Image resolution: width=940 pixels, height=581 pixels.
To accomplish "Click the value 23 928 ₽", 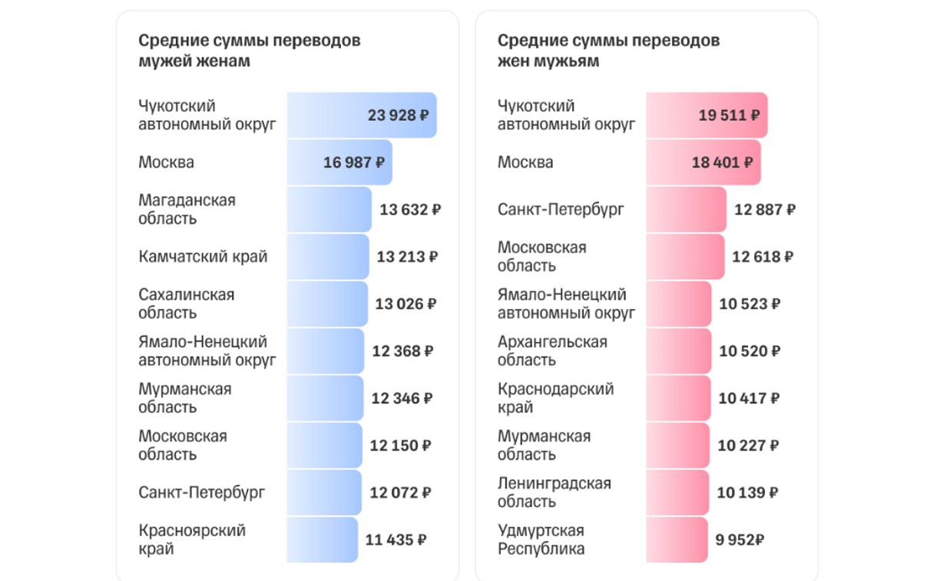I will pyautogui.click(x=398, y=115).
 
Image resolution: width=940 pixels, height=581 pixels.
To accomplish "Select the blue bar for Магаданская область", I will pyautogui.click(x=329, y=209).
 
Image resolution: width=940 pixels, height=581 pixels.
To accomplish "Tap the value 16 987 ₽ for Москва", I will pyautogui.click(x=354, y=162).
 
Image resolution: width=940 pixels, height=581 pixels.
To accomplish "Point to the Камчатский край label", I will pyautogui.click(x=203, y=257).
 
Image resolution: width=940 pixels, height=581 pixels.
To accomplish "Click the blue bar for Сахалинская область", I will pyautogui.click(x=327, y=304).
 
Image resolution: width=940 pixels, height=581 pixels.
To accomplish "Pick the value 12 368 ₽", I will pyautogui.click(x=402, y=351).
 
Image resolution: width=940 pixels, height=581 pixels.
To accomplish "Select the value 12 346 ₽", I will pyautogui.click(x=402, y=398).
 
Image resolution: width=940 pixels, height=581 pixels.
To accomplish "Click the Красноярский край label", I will pyautogui.click(x=191, y=539).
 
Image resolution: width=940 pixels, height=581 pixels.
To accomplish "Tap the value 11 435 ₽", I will pyautogui.click(x=396, y=539).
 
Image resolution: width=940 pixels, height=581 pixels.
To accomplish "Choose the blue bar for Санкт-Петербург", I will pyautogui.click(x=323, y=493).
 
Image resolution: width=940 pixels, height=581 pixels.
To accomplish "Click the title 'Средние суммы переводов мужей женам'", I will pyautogui.click(x=249, y=51).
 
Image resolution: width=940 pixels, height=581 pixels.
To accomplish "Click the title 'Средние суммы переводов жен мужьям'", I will pyautogui.click(x=608, y=51).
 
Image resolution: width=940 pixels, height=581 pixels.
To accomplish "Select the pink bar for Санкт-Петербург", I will pyautogui.click(x=686, y=209).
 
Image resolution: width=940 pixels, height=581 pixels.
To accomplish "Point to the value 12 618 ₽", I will pyautogui.click(x=763, y=257).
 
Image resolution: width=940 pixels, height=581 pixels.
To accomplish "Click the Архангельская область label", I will pyautogui.click(x=552, y=351).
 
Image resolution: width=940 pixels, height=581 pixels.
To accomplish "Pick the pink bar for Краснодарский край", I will pyautogui.click(x=677, y=398).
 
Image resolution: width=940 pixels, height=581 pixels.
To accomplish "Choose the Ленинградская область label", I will pyautogui.click(x=554, y=493).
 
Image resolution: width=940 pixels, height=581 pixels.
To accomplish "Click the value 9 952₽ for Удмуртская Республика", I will pyautogui.click(x=740, y=539).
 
